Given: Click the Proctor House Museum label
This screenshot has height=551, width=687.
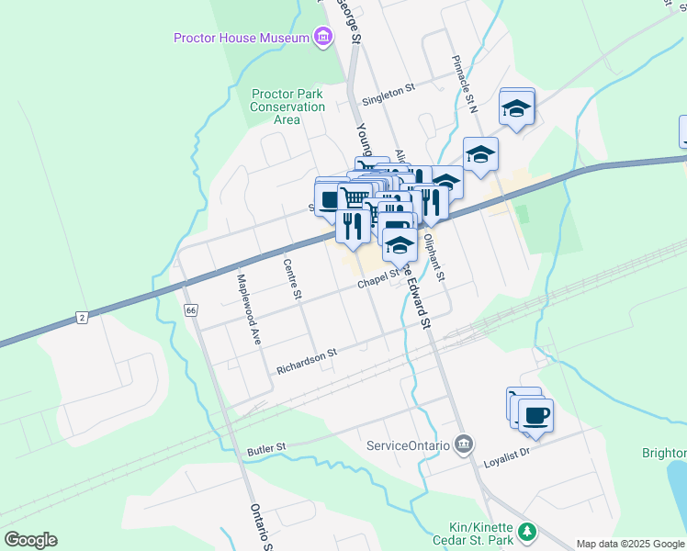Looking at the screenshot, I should click(242, 38).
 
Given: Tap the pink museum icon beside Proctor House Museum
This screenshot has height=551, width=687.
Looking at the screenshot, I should click(321, 38).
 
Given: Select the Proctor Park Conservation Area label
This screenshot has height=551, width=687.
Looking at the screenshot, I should click(287, 107).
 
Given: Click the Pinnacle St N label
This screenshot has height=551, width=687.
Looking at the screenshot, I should click(465, 84).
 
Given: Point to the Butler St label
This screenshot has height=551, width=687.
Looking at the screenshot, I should click(266, 450).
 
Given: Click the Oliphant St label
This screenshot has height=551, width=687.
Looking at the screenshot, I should click(434, 257).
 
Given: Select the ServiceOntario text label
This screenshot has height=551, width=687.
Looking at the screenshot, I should click(408, 445).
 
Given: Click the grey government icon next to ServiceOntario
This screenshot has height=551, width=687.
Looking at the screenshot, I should click(463, 445).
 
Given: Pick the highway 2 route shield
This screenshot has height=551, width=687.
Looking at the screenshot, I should click(83, 318).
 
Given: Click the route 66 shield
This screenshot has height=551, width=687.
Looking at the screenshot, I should click(190, 310).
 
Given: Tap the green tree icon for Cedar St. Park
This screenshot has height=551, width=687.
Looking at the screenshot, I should click(527, 531).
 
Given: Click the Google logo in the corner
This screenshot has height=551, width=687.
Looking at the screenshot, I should click(30, 540).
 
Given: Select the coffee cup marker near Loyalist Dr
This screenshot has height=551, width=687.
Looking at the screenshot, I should click(535, 415).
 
